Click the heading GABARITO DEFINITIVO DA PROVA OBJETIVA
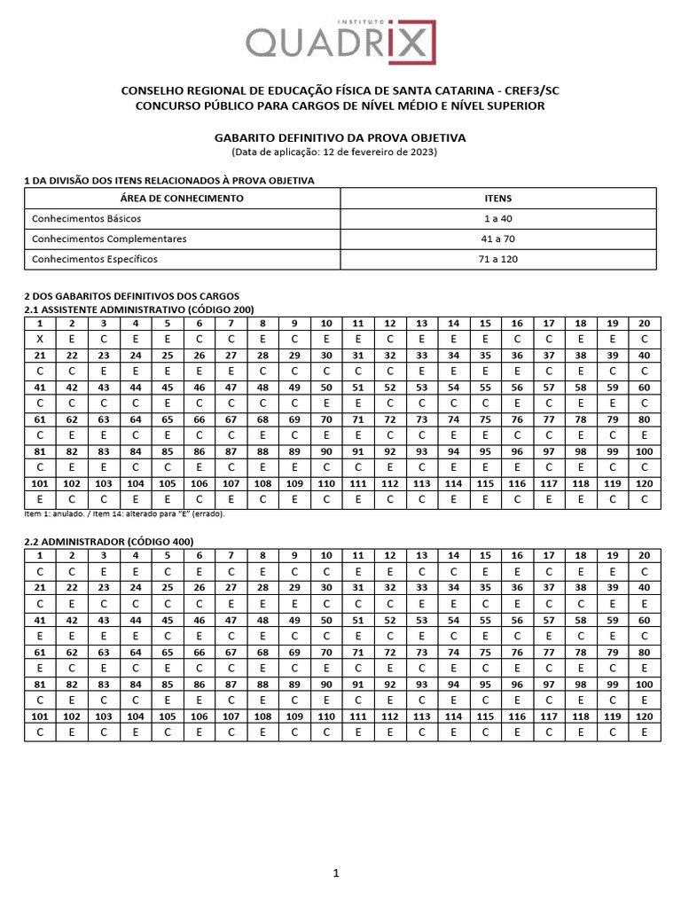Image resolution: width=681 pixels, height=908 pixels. (x=340, y=138)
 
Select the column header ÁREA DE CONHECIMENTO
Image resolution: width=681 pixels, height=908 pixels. (x=182, y=199)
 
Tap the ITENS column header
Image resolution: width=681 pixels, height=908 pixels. (x=497, y=199)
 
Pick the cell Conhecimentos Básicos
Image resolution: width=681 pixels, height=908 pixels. (x=86, y=218)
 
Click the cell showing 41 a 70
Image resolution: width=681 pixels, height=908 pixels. (x=497, y=239)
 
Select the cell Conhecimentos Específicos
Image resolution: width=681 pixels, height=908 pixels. (x=94, y=259)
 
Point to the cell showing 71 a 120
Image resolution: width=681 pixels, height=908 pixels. (x=497, y=259)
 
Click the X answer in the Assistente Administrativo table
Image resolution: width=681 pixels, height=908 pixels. (x=39, y=339)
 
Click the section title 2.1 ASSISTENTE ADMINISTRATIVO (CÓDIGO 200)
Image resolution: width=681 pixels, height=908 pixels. (x=138, y=309)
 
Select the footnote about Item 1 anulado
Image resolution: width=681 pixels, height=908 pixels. (x=123, y=513)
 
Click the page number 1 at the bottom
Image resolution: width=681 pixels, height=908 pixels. (x=336, y=874)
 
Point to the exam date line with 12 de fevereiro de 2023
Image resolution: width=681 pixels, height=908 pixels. (x=340, y=152)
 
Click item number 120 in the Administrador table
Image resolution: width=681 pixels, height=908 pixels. (x=645, y=716)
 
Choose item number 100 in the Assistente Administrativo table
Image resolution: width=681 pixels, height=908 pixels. (x=645, y=451)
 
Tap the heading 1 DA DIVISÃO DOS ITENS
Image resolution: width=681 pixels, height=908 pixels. (x=168, y=180)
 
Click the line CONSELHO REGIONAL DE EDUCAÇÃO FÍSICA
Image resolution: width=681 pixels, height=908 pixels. (x=340, y=91)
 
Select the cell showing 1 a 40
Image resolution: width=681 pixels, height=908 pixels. (x=497, y=218)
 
